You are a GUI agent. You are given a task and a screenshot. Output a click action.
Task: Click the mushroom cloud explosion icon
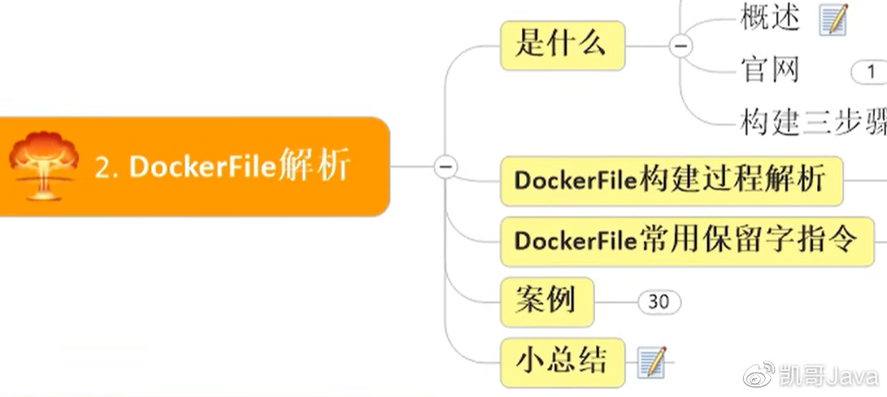point(44,165)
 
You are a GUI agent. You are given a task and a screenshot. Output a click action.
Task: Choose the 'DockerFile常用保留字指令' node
point(686,241)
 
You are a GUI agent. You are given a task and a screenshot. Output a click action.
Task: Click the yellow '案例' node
point(546,301)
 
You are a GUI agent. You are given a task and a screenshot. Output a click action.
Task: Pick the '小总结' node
point(562,361)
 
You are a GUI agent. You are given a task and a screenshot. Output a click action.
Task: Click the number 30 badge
point(659,302)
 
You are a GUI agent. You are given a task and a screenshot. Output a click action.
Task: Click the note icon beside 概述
point(833,19)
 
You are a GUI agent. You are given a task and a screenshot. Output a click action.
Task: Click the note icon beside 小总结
point(651,361)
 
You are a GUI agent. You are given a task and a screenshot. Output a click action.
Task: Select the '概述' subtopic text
point(770,18)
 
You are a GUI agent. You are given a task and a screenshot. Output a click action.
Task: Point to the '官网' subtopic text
point(770,70)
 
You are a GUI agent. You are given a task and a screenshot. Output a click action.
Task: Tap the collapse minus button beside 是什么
point(680,46)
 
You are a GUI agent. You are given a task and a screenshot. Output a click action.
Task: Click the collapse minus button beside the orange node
point(446,166)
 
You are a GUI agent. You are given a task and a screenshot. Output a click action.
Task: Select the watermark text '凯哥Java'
point(828,377)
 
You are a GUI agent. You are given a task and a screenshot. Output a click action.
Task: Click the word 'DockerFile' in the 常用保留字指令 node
point(574,242)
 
